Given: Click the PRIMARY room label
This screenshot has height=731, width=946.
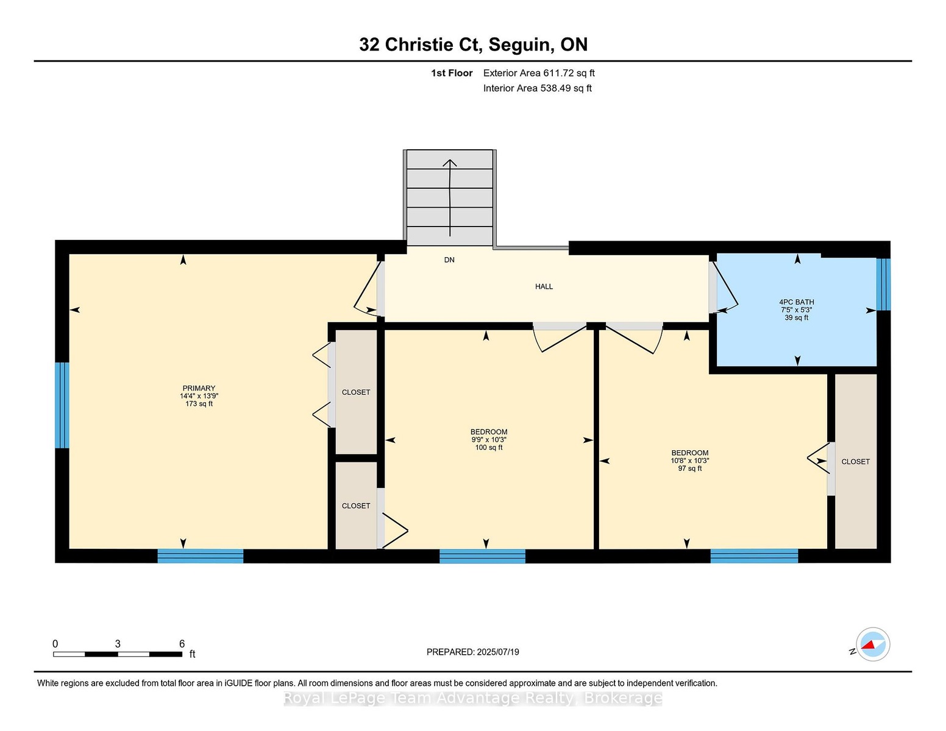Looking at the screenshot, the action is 199,388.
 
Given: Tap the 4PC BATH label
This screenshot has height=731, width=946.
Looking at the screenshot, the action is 796,302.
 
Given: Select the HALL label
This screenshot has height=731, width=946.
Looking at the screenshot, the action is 544,286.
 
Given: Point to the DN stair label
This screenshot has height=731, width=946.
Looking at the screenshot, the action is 449,260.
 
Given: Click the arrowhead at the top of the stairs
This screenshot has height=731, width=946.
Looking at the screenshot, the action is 450,163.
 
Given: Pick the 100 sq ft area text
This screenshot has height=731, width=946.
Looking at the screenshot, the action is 489,448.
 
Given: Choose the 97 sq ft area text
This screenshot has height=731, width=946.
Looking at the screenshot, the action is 690,468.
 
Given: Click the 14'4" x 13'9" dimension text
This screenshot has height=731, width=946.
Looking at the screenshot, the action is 199,396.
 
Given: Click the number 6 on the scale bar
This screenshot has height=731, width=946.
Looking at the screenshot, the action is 182,644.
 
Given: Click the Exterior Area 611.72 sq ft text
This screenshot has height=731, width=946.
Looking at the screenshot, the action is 539,73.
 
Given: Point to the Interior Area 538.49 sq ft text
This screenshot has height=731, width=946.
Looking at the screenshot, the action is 537,88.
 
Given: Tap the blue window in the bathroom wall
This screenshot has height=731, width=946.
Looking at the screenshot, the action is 883,284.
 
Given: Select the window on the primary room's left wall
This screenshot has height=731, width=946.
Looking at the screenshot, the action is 62,405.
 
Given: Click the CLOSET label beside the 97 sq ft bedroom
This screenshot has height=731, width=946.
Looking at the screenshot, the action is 855,462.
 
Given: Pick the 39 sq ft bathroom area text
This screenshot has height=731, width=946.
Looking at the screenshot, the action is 796,318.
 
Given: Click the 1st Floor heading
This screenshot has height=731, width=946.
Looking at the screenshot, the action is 452,73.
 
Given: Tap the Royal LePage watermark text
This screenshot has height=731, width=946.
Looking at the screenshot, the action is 473,698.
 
